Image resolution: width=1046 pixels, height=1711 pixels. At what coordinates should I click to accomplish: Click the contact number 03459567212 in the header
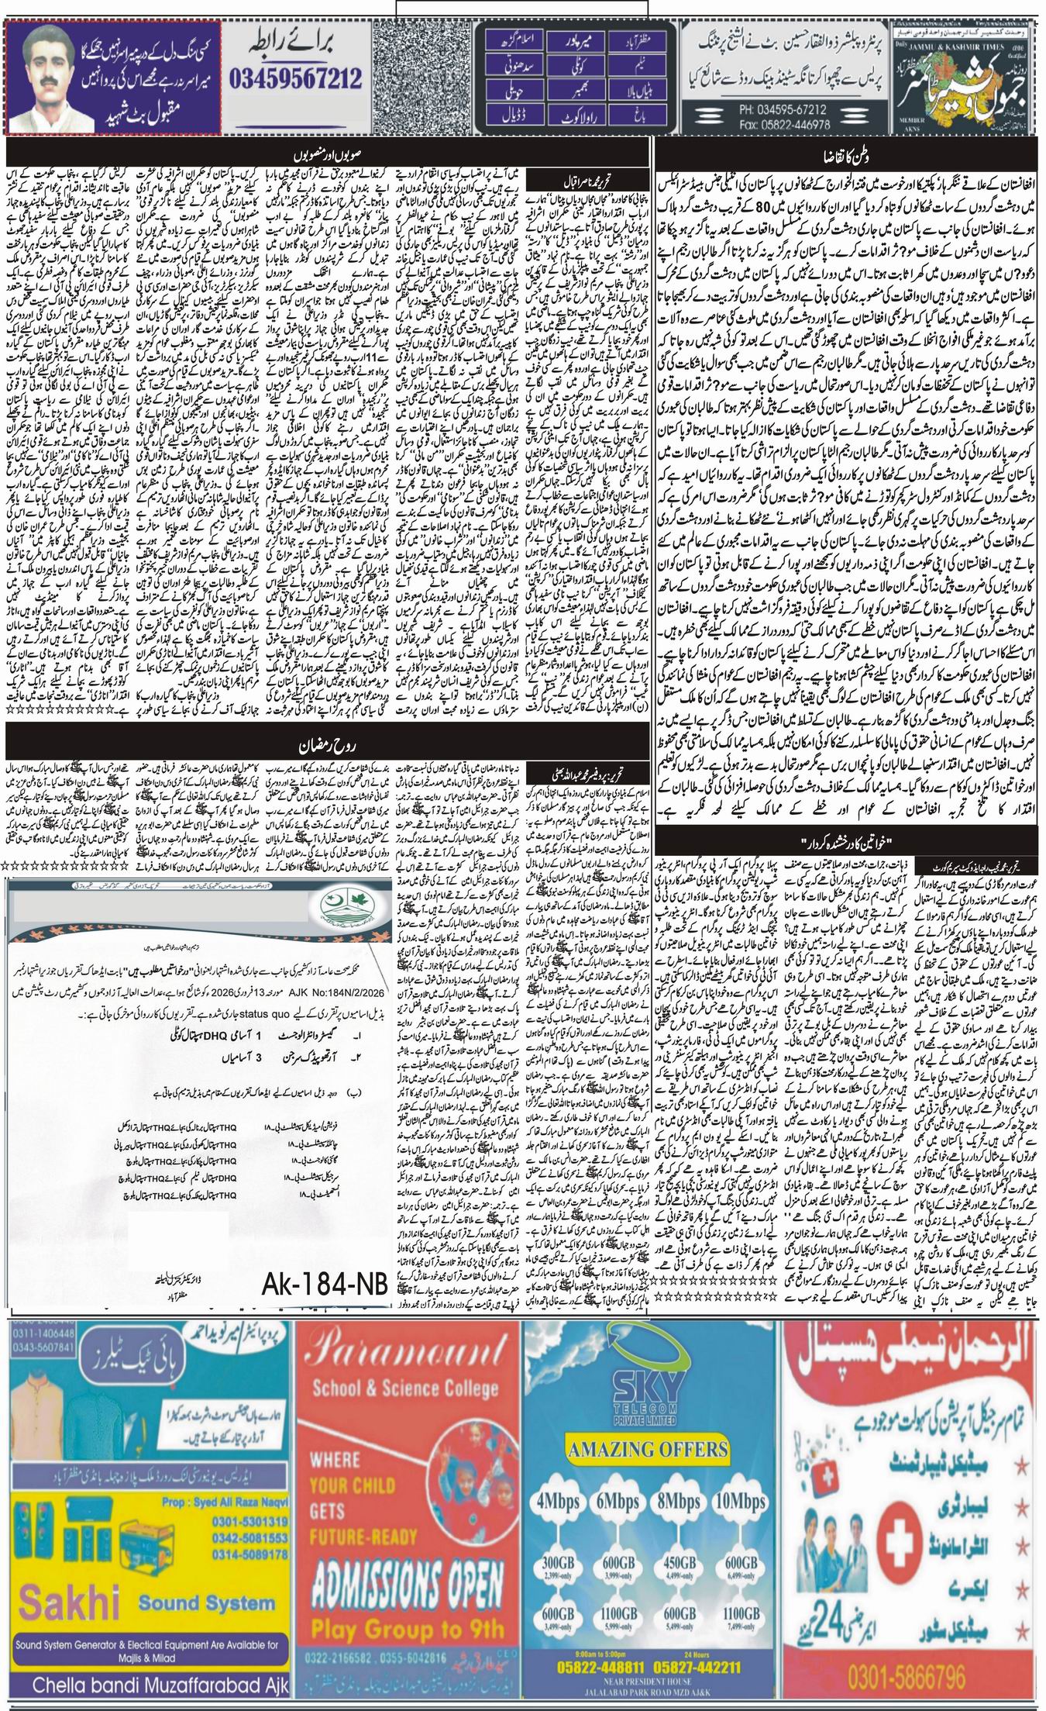point(295,77)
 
